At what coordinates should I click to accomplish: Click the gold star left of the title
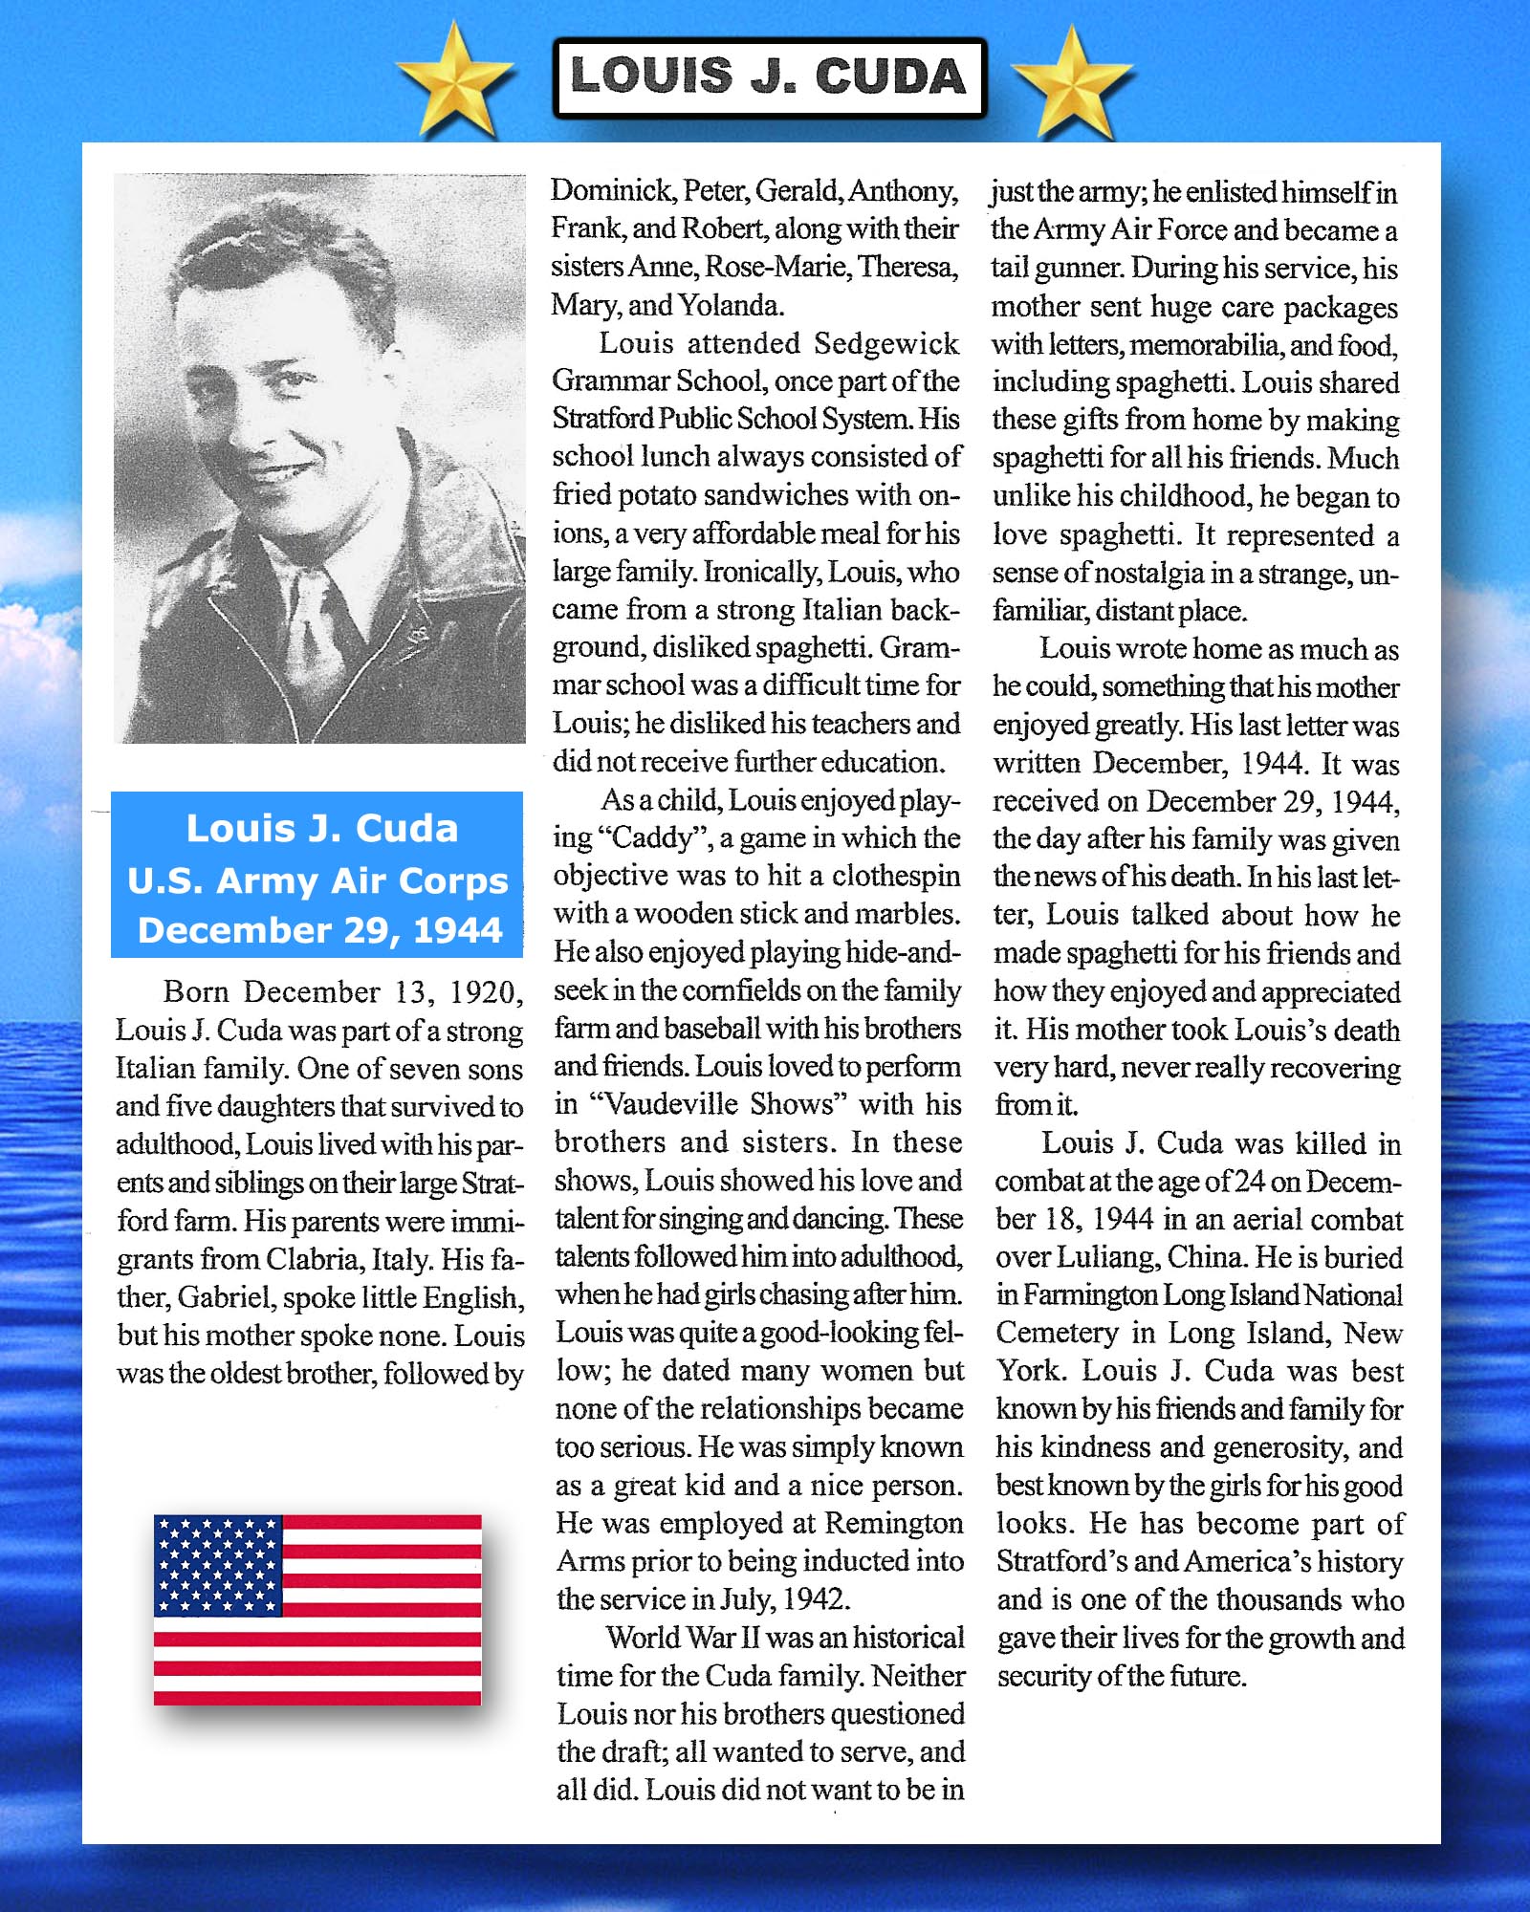tap(455, 80)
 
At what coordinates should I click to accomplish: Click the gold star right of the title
tap(1072, 82)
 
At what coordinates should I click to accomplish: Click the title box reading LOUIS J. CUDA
tap(769, 76)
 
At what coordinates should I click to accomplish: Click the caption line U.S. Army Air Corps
tap(317, 880)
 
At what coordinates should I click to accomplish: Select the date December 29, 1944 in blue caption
tap(319, 930)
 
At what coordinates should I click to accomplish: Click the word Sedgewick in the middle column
tap(885, 343)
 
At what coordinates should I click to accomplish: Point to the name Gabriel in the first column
tap(226, 1297)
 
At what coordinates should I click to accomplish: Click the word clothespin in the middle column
tap(895, 876)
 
